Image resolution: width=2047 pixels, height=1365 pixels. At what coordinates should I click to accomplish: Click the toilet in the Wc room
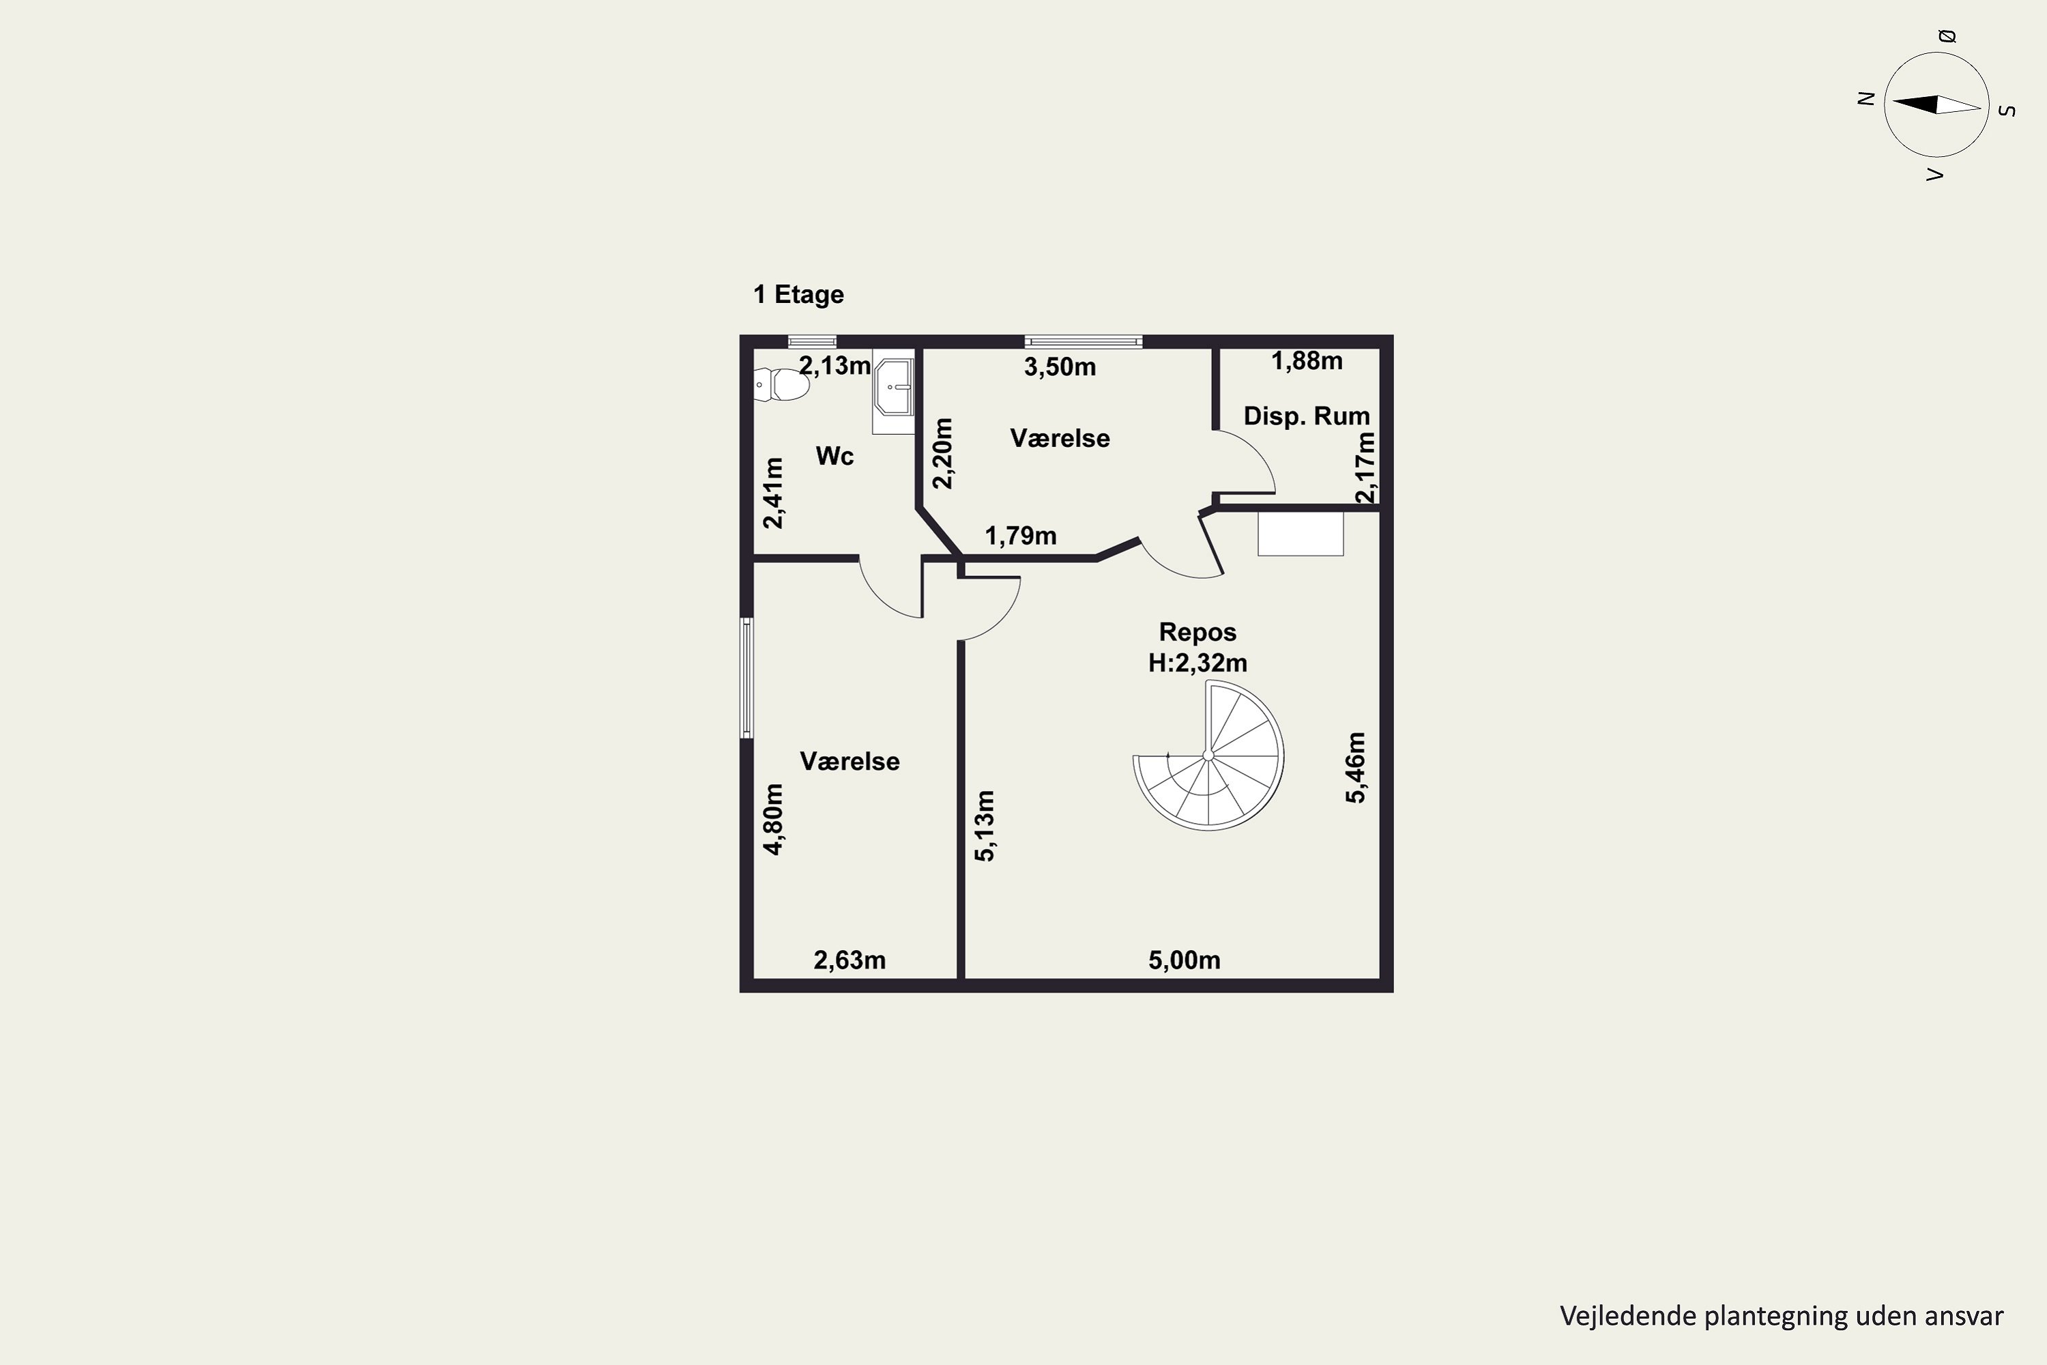tap(781, 384)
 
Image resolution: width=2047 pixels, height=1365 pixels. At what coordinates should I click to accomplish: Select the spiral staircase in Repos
tap(1208, 755)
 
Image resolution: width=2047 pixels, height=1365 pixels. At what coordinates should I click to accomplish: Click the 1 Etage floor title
tap(798, 294)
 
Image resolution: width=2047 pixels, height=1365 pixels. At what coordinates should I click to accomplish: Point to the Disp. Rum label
tap(1307, 416)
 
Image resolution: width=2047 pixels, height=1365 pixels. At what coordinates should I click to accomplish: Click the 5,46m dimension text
tap(1356, 767)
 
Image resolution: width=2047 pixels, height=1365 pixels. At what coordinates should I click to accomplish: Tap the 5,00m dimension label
tap(1184, 960)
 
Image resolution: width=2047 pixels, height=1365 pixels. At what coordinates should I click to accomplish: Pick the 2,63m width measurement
tap(850, 960)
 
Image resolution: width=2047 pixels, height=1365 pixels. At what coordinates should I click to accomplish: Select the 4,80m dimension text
tap(773, 819)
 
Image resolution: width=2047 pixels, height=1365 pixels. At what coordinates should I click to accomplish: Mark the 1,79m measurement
tap(1020, 535)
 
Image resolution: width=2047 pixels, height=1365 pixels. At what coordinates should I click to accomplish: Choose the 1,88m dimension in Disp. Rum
tap(1307, 360)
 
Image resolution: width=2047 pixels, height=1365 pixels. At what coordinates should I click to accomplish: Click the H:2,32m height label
tap(1197, 663)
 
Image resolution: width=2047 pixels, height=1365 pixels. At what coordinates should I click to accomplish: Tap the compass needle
tap(1936, 104)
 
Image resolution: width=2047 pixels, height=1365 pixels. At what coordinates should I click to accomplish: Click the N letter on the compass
tap(1865, 98)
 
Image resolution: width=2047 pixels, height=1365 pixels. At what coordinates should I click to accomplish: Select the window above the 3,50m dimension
tap(1083, 341)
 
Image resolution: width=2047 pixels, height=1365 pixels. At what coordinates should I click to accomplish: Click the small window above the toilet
tap(812, 341)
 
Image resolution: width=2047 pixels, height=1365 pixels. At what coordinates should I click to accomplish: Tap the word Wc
tap(834, 456)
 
